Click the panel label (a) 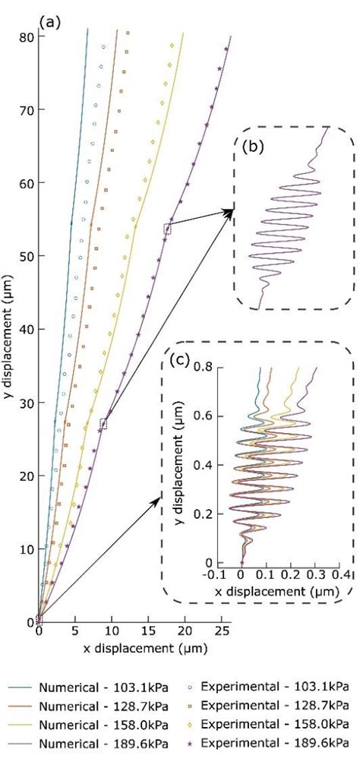point(49,22)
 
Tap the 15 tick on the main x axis point(147,631)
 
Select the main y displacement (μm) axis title point(8,327)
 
